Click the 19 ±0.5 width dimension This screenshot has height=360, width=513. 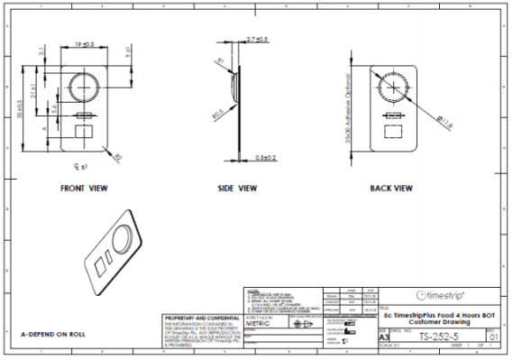86,42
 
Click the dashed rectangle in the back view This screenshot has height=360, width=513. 394,133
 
